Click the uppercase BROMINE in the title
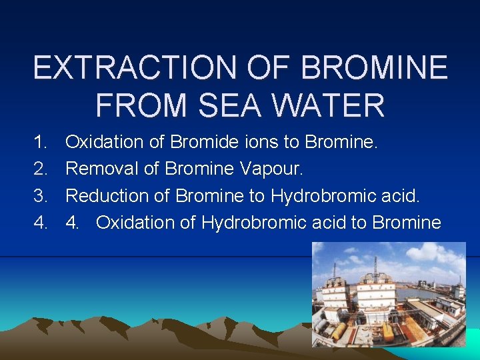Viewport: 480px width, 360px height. [x=375, y=68]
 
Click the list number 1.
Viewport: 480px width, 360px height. [x=41, y=142]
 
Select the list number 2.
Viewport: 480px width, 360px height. [x=41, y=169]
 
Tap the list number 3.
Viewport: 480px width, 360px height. [x=41, y=195]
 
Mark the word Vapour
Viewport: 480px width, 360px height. [x=270, y=169]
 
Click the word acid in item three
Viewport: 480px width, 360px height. [x=401, y=195]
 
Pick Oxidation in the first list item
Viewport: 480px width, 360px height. [x=99, y=142]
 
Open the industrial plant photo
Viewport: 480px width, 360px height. [x=389, y=294]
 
